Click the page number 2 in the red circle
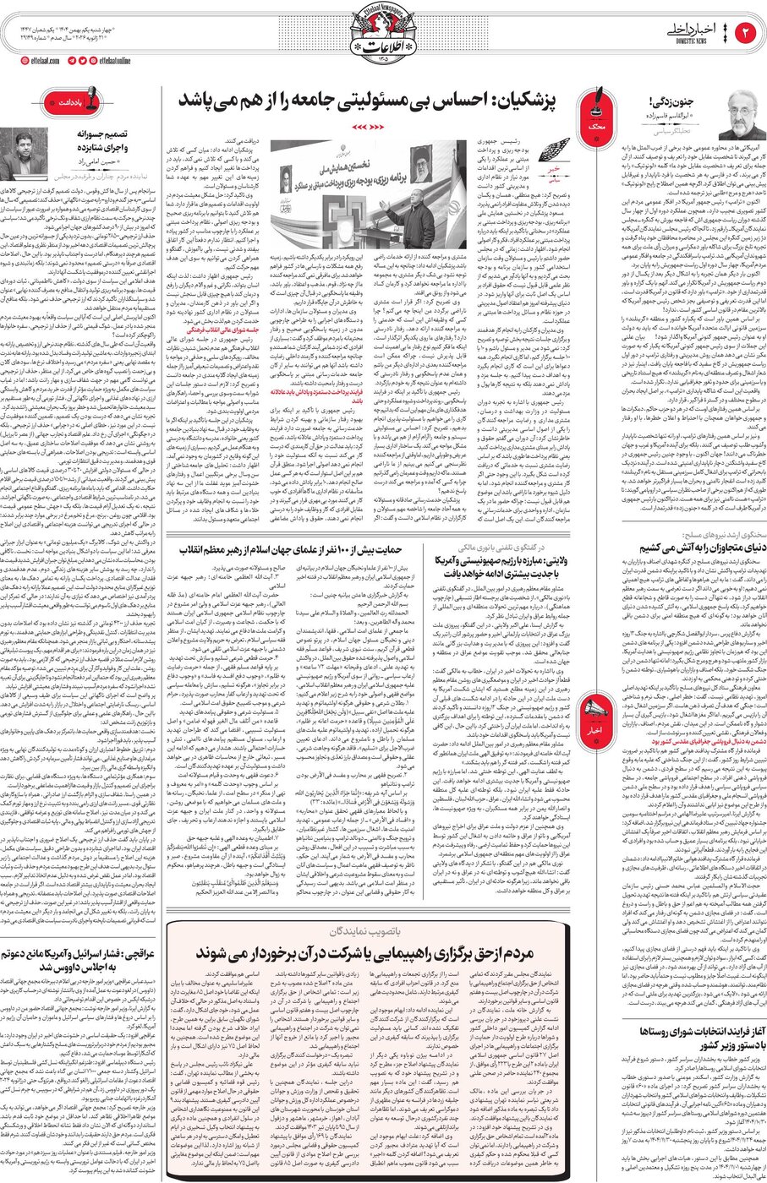pyautogui.click(x=747, y=32)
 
